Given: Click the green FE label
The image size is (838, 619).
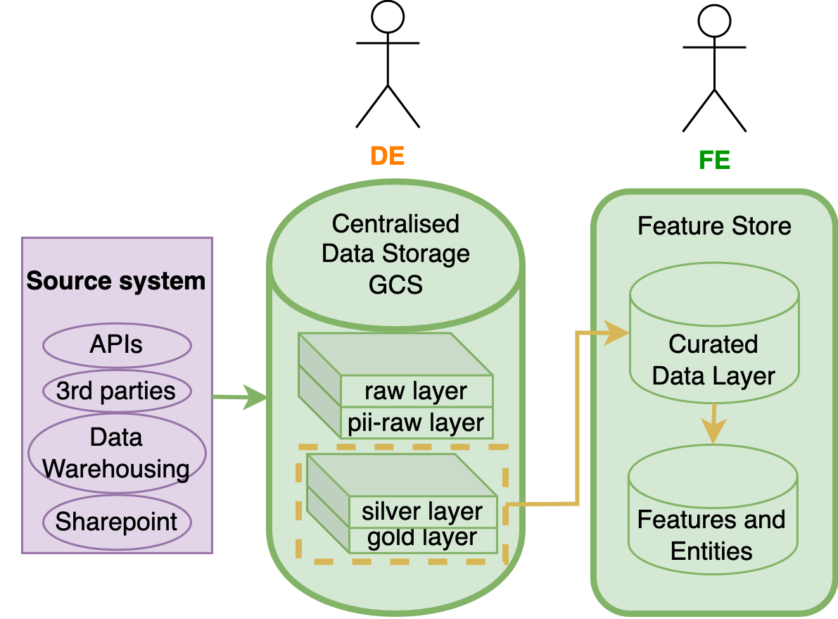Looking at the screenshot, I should (x=714, y=161).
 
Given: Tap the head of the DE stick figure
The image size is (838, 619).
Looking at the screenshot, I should (x=388, y=16).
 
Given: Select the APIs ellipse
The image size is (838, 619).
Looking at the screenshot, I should (x=117, y=345).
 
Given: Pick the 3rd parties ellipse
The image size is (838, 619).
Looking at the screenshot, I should (x=117, y=390).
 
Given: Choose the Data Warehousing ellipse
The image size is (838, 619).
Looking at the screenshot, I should (x=117, y=453).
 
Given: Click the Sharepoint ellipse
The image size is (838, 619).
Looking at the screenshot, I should (x=117, y=522).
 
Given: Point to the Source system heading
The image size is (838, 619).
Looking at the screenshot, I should (x=116, y=282).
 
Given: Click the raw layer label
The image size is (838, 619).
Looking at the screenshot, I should (x=416, y=392).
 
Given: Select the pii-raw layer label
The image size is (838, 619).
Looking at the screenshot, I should (x=416, y=423).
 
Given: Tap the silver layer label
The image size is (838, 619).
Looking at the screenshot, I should (x=422, y=511).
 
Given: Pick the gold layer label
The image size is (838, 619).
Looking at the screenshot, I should (x=422, y=539).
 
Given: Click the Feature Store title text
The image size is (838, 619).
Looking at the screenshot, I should (x=714, y=227).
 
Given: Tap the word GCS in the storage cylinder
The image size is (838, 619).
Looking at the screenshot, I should (x=395, y=285).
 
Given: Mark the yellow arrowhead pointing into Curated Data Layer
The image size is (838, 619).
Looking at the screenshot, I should (x=619, y=332).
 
